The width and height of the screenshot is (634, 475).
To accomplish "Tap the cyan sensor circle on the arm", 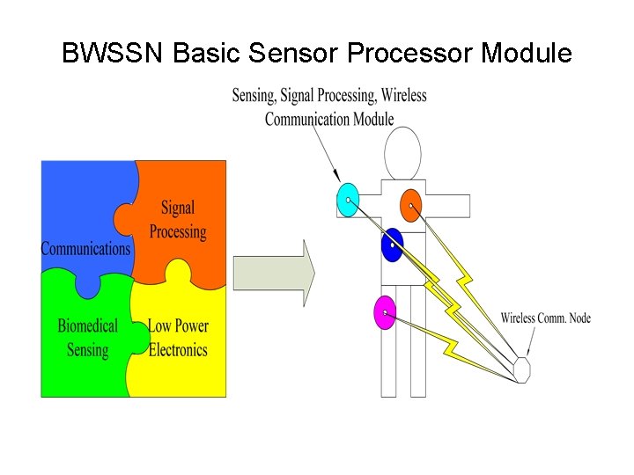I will (x=348, y=201).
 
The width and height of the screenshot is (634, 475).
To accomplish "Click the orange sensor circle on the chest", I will (x=410, y=205).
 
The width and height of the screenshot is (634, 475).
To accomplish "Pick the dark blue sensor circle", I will (x=393, y=244).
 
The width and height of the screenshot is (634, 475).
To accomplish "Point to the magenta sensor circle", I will (x=385, y=312).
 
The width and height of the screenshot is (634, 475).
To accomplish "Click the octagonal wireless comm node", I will (x=522, y=369).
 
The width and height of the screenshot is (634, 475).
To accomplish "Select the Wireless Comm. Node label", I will (x=545, y=318).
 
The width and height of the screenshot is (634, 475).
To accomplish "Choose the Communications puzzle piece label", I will (x=85, y=249).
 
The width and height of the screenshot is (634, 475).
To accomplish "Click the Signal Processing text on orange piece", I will (x=177, y=220).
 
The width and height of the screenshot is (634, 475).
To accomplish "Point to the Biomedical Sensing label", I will (x=87, y=338).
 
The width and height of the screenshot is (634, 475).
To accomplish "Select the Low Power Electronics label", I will (x=178, y=338).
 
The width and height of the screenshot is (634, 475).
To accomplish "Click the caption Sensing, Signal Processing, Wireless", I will (x=328, y=95).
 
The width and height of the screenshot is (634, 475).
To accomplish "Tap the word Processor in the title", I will (x=410, y=54).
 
